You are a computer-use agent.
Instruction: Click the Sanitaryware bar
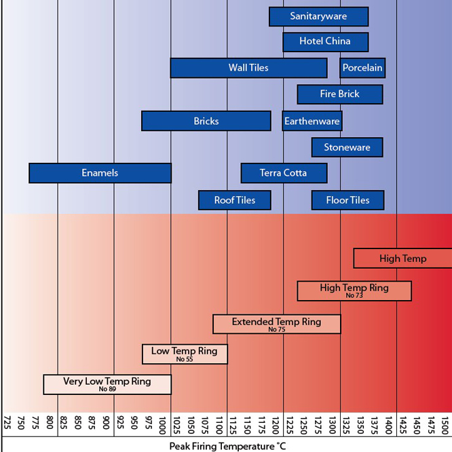point(318,16)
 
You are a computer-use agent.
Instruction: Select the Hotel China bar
point(325,41)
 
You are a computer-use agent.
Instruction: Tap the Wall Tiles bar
point(248,68)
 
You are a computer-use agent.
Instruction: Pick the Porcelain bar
point(362,68)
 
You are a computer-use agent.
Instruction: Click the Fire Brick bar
point(339,94)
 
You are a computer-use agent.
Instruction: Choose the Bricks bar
point(206,121)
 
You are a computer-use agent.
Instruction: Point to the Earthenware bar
point(312,121)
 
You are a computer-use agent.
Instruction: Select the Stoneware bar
point(347,147)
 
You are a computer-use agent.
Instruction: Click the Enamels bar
point(100,173)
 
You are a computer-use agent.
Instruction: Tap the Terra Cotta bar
point(284,173)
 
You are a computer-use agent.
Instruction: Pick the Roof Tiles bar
point(235,200)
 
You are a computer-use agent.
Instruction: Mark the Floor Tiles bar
point(347,200)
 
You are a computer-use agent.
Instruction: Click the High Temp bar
point(402,259)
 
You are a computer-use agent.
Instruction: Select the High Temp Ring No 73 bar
point(354,290)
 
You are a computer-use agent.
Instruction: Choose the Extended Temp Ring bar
point(276,324)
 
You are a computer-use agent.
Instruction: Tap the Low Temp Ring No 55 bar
point(185,354)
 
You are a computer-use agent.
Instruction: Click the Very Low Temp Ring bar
point(107,384)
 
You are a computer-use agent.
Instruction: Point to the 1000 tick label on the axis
point(164,426)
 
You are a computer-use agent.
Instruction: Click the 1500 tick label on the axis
point(445,426)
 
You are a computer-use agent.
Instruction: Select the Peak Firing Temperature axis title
point(227,446)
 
